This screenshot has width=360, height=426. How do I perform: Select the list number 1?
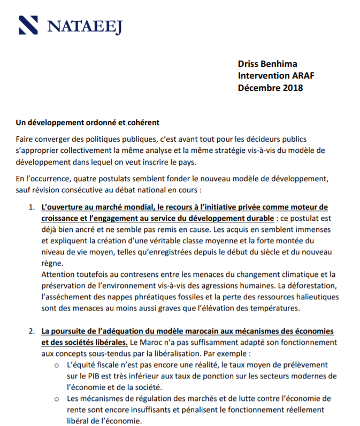coord(32,207)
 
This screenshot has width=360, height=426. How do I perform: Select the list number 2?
coord(32,330)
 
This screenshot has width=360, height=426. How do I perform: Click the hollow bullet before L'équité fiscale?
coord(57,365)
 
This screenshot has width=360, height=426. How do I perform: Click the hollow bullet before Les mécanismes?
coord(57,399)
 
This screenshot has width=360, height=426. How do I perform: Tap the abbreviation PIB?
coord(93,376)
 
